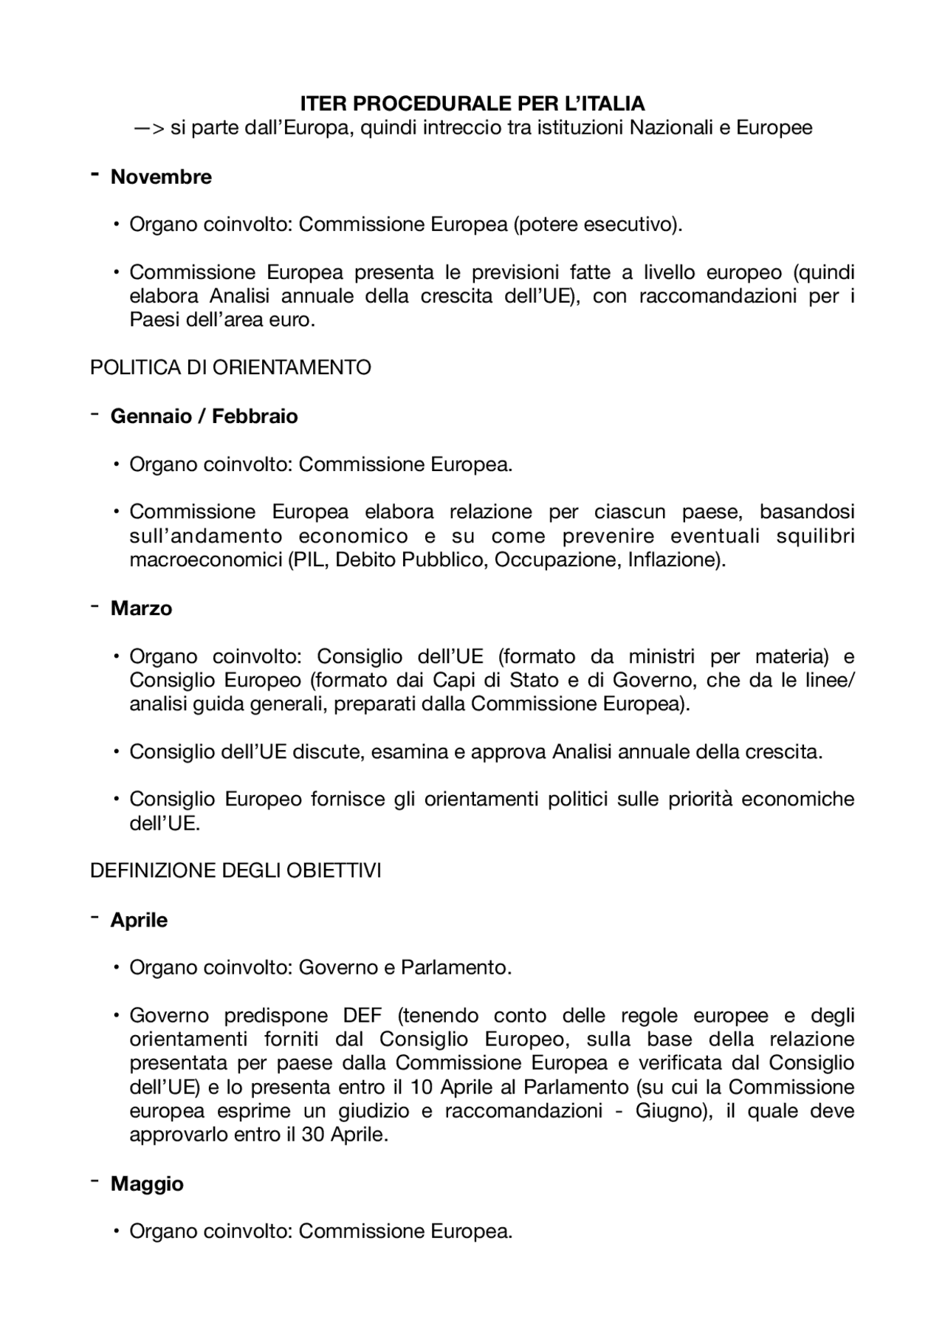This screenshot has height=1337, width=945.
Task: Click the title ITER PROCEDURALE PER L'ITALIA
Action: pos(472,103)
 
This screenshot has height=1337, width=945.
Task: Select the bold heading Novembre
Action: pos(161,177)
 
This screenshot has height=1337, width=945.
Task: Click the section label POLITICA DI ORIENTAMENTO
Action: pos(230,368)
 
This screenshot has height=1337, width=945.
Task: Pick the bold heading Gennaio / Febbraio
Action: pos(204,416)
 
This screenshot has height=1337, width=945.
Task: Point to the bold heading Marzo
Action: pos(141,608)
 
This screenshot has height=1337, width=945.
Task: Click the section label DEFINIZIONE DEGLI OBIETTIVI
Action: pos(236,871)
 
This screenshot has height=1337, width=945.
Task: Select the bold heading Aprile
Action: pos(139,921)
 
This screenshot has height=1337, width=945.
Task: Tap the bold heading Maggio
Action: pos(147,1184)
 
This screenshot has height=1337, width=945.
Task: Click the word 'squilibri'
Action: pos(815,536)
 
